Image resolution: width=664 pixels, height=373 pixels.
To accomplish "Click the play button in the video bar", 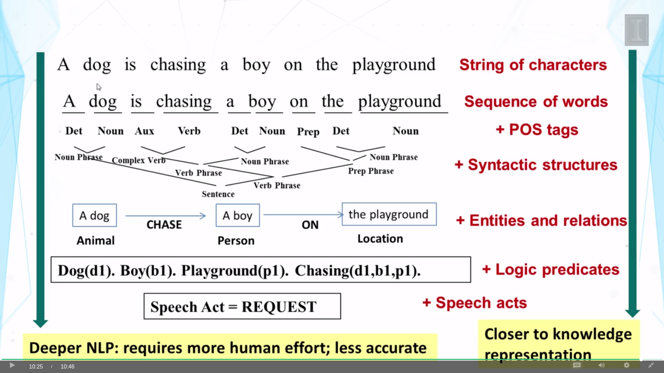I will point(12,365).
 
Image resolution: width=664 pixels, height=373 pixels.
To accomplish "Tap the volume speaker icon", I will point(602,365).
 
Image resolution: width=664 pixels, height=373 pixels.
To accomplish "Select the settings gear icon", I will point(627,365).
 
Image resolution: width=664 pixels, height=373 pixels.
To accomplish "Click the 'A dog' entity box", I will point(94,216).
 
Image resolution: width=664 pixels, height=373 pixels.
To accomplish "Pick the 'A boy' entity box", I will point(238,216).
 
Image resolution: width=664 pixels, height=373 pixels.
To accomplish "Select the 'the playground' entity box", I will point(389,214).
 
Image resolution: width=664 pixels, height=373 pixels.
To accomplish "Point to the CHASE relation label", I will point(164,225).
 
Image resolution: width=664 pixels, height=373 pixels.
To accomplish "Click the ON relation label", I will point(310,225).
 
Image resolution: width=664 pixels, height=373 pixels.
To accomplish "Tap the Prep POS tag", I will point(308,132).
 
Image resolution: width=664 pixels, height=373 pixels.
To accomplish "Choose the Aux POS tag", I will point(144,131).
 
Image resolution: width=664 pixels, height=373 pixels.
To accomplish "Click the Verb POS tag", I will point(189,131).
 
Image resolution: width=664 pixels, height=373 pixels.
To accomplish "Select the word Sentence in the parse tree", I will point(218,194).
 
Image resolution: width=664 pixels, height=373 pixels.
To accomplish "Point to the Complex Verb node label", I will point(139,161).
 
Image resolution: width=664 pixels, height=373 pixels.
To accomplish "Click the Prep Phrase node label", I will point(371,171).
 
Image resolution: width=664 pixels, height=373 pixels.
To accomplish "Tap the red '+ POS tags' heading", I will point(537,130).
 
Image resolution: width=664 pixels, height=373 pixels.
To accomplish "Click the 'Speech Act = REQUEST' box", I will point(242,306).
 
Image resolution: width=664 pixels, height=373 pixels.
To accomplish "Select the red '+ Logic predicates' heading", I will point(551,270).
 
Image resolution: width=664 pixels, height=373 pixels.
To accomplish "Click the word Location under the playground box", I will point(380,239).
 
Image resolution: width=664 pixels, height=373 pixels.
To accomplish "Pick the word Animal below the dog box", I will point(95,240).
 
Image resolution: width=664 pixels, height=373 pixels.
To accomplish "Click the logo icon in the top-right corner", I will point(636,30).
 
